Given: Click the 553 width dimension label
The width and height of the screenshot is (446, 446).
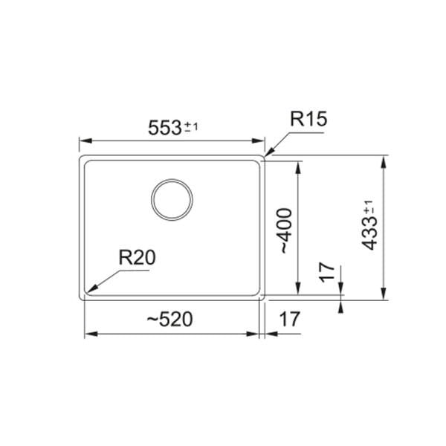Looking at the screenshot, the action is pyautogui.click(x=165, y=127).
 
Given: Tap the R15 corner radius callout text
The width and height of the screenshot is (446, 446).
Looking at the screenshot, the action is pyautogui.click(x=308, y=119).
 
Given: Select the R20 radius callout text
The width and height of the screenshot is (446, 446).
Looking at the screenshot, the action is pyautogui.click(x=137, y=257).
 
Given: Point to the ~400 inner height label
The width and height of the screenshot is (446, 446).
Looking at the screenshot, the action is pyautogui.click(x=285, y=230).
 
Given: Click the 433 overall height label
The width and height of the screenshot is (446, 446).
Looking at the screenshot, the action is pyautogui.click(x=369, y=234).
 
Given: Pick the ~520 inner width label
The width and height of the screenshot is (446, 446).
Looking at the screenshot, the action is pyautogui.click(x=169, y=319).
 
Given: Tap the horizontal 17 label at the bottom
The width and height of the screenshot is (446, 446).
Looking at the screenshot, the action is pyautogui.click(x=290, y=319).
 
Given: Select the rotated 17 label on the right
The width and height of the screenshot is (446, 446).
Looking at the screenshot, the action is pyautogui.click(x=326, y=273).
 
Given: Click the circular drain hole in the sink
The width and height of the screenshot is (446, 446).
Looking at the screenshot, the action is pyautogui.click(x=172, y=200).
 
